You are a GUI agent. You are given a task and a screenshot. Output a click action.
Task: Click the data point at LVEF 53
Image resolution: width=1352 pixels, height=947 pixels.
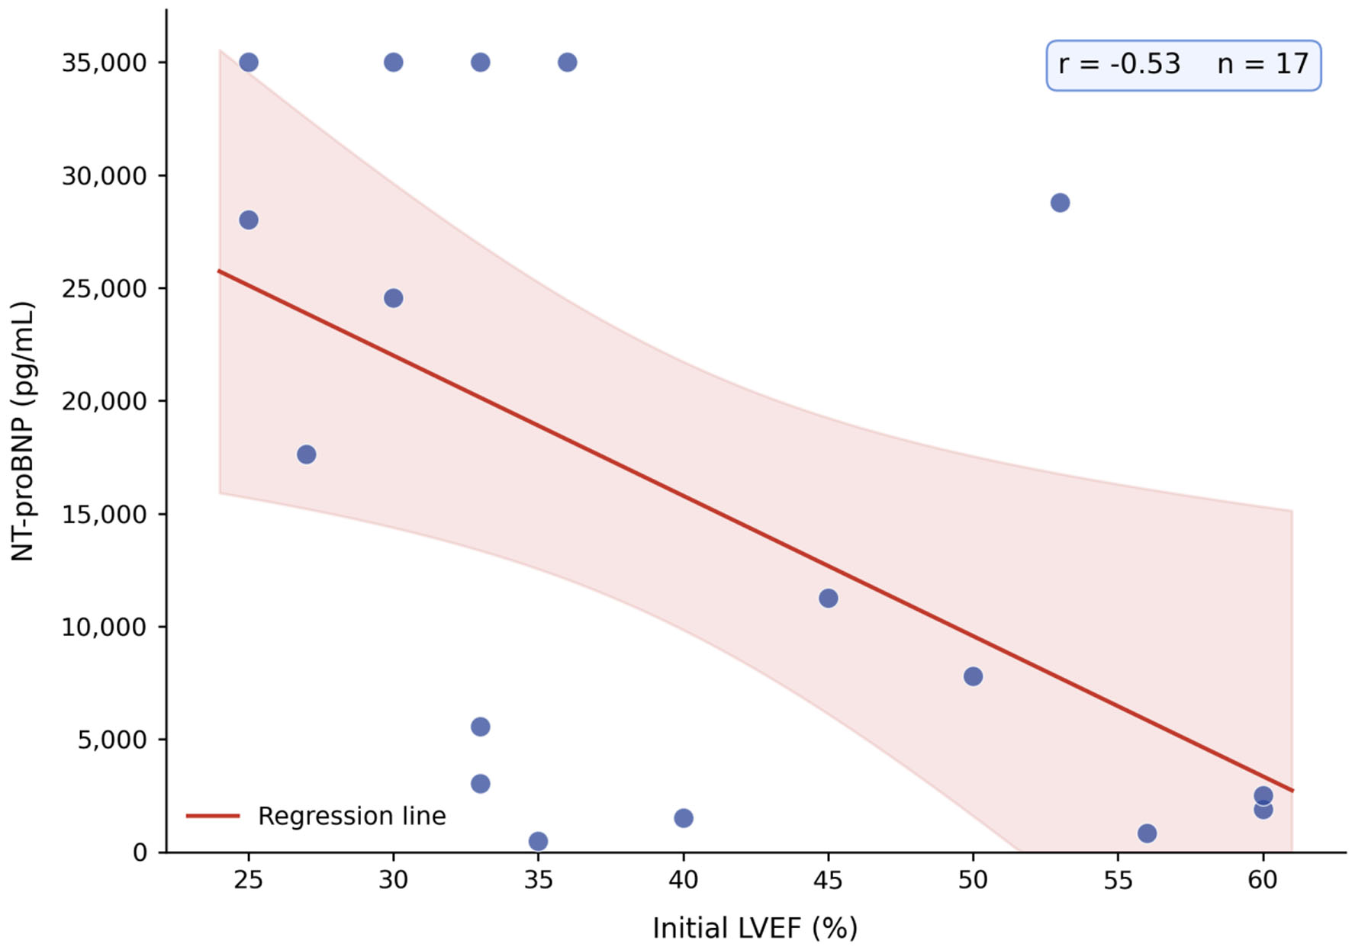[x=1060, y=203]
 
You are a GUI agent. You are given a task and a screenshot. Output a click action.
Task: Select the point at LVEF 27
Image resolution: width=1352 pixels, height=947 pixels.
[x=306, y=454]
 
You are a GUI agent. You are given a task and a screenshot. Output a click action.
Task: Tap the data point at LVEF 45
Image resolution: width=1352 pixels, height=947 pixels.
[x=828, y=599]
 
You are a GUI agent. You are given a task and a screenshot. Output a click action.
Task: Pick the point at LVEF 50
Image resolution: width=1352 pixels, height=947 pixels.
[x=973, y=676]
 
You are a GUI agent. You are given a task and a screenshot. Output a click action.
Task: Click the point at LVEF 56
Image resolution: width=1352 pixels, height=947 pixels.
[x=1147, y=833]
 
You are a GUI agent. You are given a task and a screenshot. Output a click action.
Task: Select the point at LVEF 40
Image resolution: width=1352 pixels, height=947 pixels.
[x=684, y=818]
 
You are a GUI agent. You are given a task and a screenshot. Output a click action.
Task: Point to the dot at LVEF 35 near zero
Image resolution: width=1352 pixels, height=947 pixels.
[x=538, y=841]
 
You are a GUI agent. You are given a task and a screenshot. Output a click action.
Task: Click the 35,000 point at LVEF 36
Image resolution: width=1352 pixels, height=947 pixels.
[x=567, y=63]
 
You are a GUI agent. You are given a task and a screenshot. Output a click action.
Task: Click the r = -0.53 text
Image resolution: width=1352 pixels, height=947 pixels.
[x=1119, y=64]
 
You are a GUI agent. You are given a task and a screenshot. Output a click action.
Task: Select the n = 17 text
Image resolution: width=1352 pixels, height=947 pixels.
[x=1263, y=64]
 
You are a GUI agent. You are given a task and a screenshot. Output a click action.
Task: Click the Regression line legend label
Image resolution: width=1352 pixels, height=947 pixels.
[x=352, y=816]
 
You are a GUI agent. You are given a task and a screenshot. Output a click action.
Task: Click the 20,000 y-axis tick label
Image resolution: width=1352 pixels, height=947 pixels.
[x=105, y=401]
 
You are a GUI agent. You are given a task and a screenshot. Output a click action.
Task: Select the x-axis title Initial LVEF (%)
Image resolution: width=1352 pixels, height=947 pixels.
[x=755, y=928]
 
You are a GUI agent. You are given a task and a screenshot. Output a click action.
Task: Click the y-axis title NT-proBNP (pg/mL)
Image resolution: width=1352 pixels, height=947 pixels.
[x=23, y=431]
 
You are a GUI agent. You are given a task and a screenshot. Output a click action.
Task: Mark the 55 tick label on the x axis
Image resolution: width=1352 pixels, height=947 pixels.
[x=1118, y=881]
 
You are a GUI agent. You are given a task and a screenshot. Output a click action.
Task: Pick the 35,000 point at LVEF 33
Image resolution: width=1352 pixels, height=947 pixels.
[x=480, y=63]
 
